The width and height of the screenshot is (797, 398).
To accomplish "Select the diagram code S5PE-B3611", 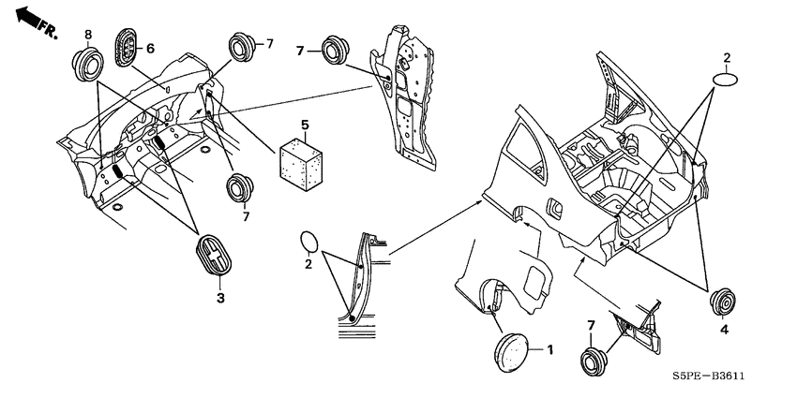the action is (708, 376).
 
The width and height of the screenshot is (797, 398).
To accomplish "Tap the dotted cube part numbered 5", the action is (300, 163).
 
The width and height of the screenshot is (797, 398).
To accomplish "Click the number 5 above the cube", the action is (305, 125).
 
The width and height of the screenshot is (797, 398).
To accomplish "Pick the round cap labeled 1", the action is (511, 352).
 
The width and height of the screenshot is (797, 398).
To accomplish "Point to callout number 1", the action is (549, 350).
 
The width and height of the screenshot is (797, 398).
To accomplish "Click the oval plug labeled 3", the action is (214, 255).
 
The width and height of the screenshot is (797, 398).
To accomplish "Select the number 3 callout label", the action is (220, 298).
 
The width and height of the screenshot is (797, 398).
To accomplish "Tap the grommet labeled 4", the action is (722, 302).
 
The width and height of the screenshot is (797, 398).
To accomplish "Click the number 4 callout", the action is (724, 330).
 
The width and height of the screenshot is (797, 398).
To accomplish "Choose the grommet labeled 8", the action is (87, 65).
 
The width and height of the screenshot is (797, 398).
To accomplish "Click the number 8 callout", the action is (88, 35).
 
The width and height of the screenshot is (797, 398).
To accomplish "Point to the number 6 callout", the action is (150, 49).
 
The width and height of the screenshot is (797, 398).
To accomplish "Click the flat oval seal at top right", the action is (726, 81).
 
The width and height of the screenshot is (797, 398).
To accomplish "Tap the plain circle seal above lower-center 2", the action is (309, 243).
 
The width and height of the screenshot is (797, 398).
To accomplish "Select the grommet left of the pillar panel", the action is (336, 51).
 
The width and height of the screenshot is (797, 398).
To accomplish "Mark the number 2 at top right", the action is (727, 58).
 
